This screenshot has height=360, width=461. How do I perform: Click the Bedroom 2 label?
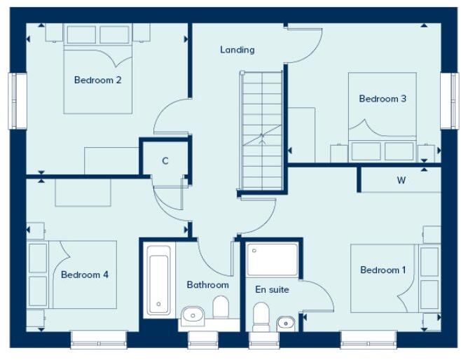pos(98,80)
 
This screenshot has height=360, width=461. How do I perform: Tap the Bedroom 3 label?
pos(383,99)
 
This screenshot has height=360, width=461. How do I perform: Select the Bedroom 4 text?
pos(85,275)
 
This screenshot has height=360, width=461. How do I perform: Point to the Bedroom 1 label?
pos(383,270)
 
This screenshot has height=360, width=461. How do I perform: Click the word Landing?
pos(237,50)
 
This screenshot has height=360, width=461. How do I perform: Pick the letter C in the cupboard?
pos(165,161)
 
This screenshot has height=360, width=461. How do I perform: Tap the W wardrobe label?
pos(401,180)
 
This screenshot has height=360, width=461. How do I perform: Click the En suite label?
pos(272,289)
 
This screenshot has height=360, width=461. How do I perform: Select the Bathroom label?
pos(207,285)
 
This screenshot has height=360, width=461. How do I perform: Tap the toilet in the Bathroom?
pos(221,307)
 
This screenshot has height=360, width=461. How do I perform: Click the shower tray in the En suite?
pos(273,258)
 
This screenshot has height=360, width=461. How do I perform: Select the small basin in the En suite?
pos(284,323)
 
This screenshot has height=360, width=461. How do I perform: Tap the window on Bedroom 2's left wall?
pos(13,100)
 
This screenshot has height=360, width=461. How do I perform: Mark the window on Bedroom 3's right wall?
pos(447,100)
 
